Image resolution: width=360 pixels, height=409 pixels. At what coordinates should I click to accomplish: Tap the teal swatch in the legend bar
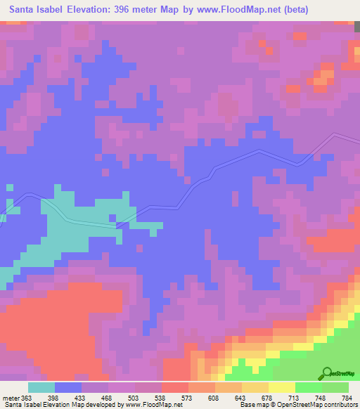(x=41, y=387)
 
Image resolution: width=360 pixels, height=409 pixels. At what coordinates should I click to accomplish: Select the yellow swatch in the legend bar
(x=282, y=387)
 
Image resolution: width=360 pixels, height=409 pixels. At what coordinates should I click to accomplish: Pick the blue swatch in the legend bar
(x=68, y=387)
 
